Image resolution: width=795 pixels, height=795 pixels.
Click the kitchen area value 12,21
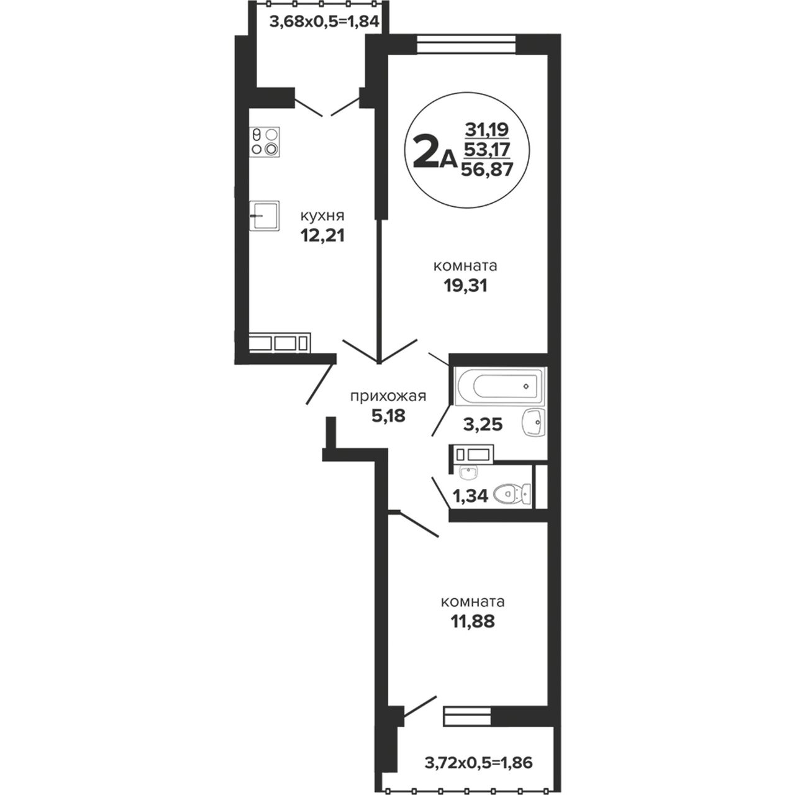pos(322,235)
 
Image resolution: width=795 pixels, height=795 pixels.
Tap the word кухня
pos(322,216)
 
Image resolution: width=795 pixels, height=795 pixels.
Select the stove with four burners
pos(265,142)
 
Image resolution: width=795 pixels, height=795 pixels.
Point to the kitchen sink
pos(265,216)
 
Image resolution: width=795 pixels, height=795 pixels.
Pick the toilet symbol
pos(512,494)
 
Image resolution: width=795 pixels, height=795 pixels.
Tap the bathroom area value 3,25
pos(483,424)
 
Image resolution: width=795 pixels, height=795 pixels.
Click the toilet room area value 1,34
pos(470,496)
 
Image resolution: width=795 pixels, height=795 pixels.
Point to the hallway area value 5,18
pos(389,416)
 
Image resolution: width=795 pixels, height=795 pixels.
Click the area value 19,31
pos(465,285)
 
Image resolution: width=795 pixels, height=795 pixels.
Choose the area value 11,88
pos(473,621)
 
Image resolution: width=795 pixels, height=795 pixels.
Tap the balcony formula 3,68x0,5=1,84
pos(324,22)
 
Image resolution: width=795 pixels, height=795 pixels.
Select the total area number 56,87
pos(487,169)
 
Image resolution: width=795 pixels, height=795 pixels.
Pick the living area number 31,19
pos(487,130)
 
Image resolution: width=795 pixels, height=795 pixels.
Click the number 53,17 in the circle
pos(487,149)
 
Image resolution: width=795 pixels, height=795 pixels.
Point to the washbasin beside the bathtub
pos(534,422)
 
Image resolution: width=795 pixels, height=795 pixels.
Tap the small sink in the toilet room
pos(468,473)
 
